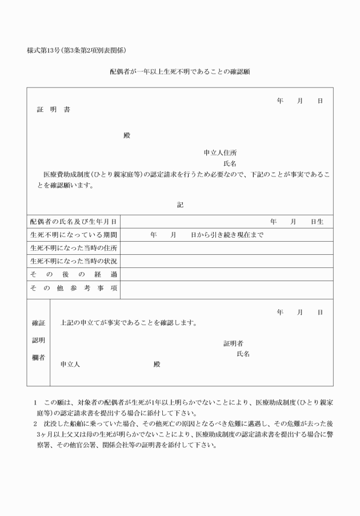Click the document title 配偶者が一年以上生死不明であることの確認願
point(180,73)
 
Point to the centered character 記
point(180,205)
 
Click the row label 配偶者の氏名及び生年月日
point(74,222)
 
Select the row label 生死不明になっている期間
point(74,235)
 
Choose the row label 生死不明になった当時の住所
point(74,248)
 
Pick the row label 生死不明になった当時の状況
point(74,261)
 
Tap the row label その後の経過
point(74,274)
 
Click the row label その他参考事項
point(74,289)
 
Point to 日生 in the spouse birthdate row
point(317,222)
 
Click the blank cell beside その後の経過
point(227,274)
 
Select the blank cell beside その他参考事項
point(227,289)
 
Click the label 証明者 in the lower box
point(233,343)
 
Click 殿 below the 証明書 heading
point(127,136)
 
